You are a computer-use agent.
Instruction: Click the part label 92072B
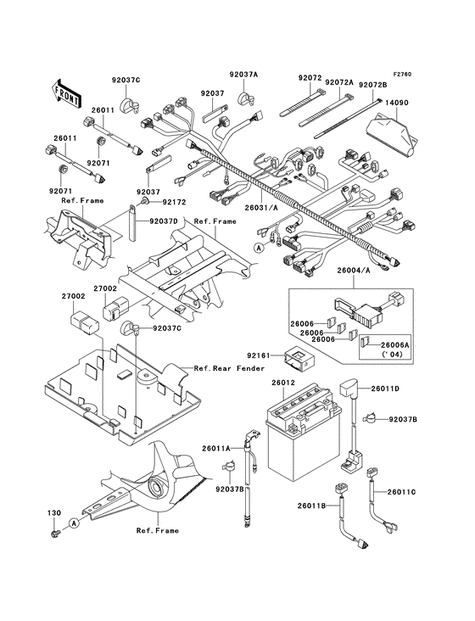pos(372,85)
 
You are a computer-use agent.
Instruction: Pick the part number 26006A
pos(394,346)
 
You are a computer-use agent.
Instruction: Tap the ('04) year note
pos(393,356)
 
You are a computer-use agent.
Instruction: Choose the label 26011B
pos(311,506)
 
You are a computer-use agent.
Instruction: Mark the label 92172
pos(174,203)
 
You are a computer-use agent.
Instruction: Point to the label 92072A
pos(338,85)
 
